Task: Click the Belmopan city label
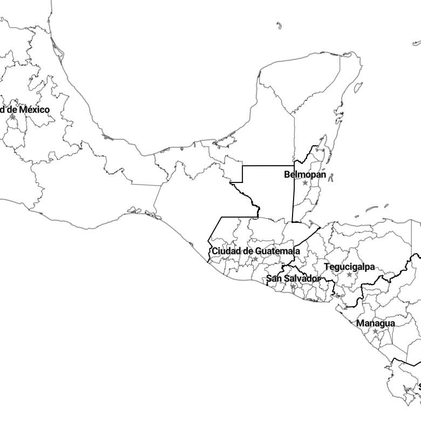305,174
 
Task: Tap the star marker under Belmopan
305,183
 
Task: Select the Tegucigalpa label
349,267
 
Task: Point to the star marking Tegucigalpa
349,275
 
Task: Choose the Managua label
376,323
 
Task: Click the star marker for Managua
375,331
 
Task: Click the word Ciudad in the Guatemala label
225,251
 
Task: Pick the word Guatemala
277,251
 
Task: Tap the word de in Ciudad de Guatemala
247,251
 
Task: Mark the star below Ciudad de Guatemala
255,259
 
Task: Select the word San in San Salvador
273,279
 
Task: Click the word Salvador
302,279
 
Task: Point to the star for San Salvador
293,287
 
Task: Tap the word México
35,110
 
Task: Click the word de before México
12,110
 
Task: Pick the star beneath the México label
12,118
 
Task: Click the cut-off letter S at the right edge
419,386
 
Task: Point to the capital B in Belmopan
287,174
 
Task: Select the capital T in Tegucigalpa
326,267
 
